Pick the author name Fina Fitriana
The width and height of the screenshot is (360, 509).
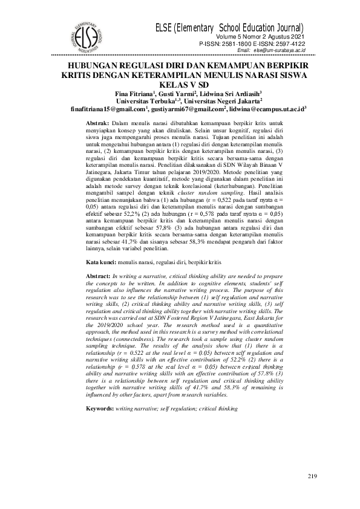pos(134,94)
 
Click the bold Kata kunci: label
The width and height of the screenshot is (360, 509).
pos(100,263)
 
